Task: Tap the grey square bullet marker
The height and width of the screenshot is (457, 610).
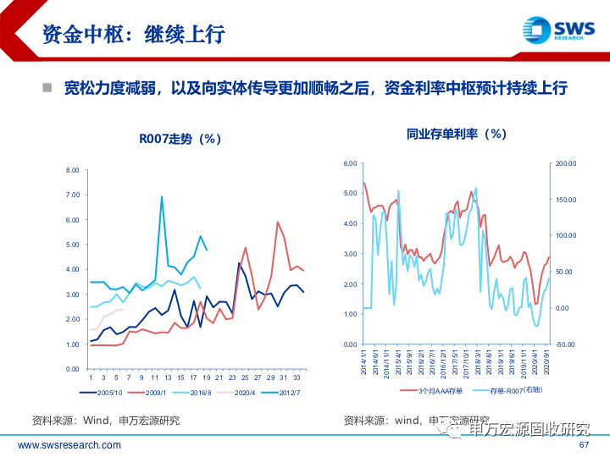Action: point(48,87)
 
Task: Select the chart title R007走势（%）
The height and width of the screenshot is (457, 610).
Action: point(180,139)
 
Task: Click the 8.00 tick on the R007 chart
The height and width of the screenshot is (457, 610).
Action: point(72,171)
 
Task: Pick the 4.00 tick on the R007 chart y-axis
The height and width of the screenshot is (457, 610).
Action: point(72,270)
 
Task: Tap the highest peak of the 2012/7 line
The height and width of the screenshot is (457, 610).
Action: point(162,197)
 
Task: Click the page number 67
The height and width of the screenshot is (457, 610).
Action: point(583,445)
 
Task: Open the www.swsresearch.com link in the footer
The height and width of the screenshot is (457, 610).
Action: point(69,445)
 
